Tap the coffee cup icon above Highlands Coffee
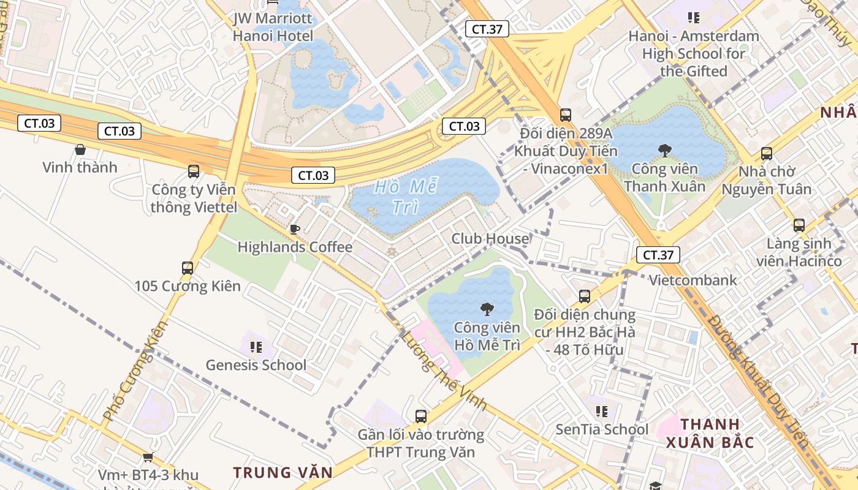[x=295, y=230]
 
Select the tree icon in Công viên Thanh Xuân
[x=664, y=151]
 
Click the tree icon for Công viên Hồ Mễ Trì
[x=487, y=309]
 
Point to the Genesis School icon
[x=256, y=348]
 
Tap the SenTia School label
[x=602, y=429]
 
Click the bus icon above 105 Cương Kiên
[x=188, y=268]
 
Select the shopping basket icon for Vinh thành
[x=80, y=149]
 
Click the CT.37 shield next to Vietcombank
[x=658, y=255]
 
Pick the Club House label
[x=490, y=239]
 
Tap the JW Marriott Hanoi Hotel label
[x=273, y=27]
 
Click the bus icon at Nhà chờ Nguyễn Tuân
[x=767, y=154]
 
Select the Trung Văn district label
[x=283, y=472]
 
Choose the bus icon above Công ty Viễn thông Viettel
[x=194, y=171]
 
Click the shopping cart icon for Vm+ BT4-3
[x=148, y=458]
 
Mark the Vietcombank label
[x=693, y=280]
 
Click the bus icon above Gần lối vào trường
[x=421, y=417]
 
